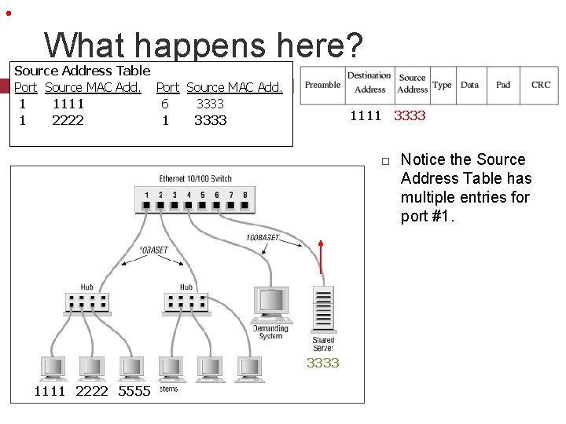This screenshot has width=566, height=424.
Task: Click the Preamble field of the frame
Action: click(x=322, y=85)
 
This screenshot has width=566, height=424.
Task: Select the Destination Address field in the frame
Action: click(x=369, y=83)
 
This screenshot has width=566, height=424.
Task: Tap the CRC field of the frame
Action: click(x=541, y=85)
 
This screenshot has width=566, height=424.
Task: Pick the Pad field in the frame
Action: click(x=503, y=85)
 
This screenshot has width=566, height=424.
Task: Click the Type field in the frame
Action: click(x=442, y=85)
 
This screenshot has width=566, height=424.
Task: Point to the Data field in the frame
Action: click(x=469, y=85)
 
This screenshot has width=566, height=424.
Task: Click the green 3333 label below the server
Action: click(x=322, y=363)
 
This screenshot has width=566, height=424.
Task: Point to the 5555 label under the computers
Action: click(x=134, y=391)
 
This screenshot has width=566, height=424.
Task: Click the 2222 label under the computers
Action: click(x=92, y=391)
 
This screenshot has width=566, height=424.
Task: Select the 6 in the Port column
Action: click(x=164, y=104)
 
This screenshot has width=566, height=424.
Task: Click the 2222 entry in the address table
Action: click(x=68, y=120)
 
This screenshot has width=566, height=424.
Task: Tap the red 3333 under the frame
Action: click(x=410, y=115)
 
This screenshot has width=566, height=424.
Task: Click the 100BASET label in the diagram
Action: click(x=262, y=237)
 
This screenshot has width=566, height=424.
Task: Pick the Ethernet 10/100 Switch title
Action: click(x=195, y=179)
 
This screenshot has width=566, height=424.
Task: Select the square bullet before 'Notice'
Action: click(x=386, y=161)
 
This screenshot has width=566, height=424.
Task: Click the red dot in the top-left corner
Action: click(x=7, y=13)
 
